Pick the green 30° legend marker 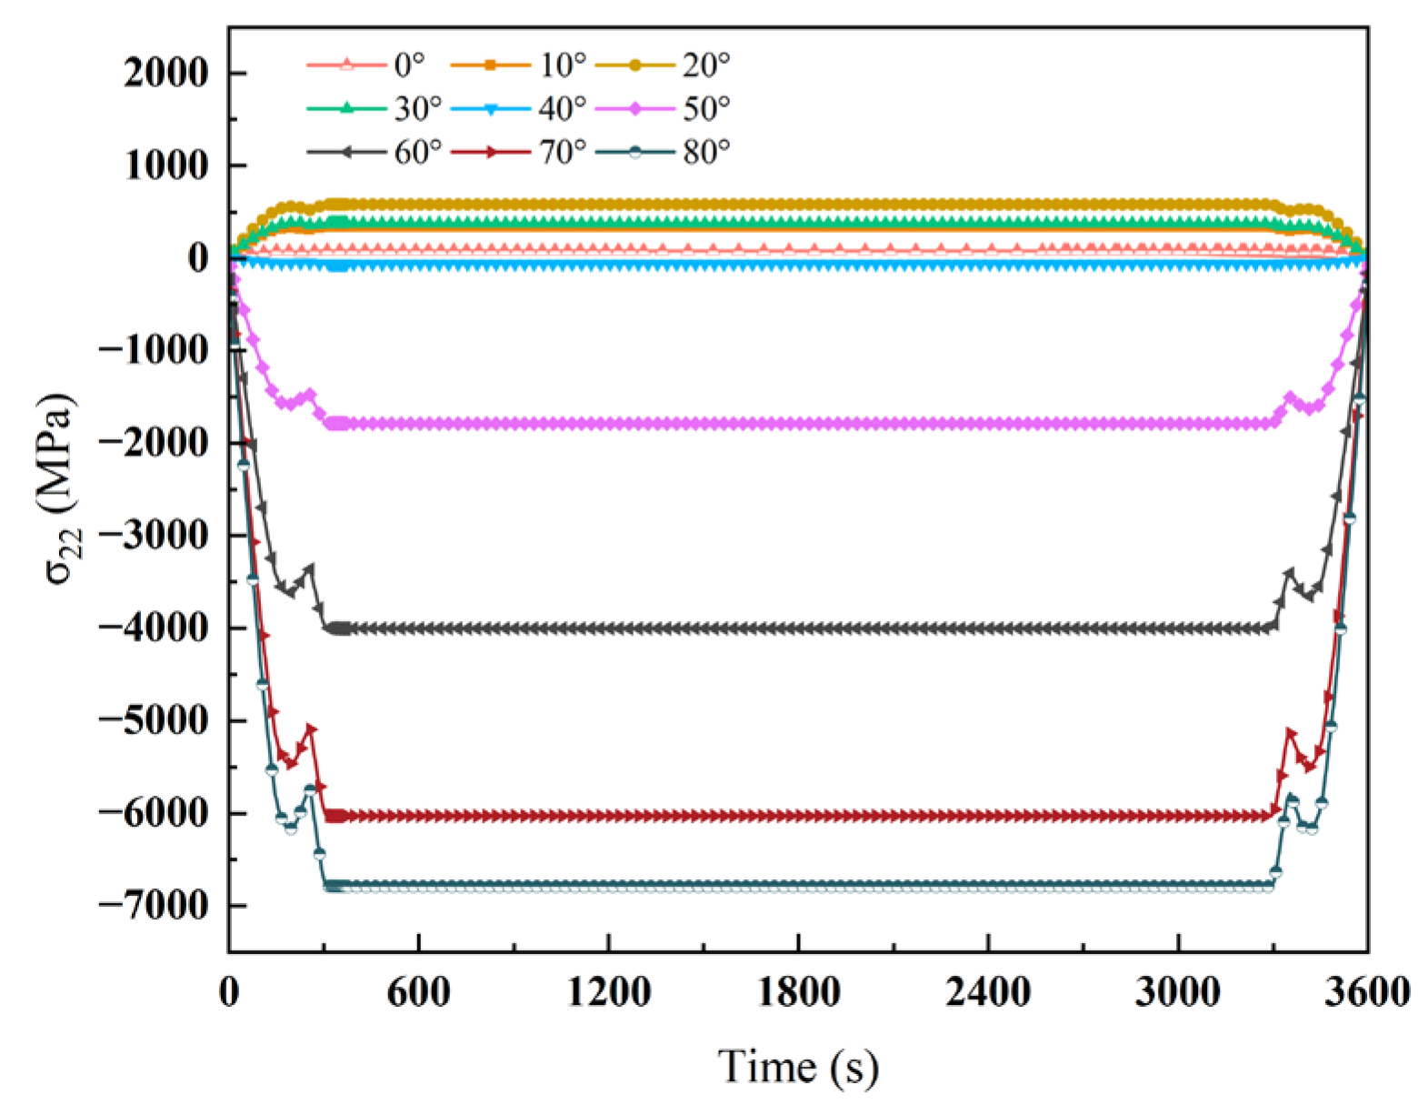click(346, 108)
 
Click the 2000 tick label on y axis click(166, 73)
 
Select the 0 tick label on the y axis click(198, 258)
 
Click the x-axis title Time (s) click(798, 1066)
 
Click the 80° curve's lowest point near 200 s click(291, 829)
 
